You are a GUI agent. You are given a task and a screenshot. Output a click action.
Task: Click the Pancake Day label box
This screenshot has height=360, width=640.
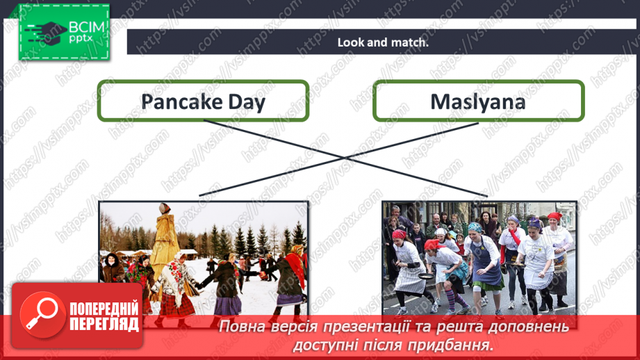click(x=203, y=101)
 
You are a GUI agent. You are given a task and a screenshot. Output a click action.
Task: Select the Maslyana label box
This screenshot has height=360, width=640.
click(x=478, y=101)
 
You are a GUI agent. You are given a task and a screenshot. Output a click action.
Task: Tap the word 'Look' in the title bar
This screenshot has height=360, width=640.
click(x=350, y=42)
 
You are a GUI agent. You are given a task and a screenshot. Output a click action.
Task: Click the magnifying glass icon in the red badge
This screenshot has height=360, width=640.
click(x=40, y=313)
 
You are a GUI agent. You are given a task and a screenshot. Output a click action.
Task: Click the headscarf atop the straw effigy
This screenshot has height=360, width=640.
click(x=165, y=208)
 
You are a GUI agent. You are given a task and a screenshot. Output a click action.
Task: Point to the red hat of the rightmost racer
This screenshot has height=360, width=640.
click(x=554, y=217)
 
